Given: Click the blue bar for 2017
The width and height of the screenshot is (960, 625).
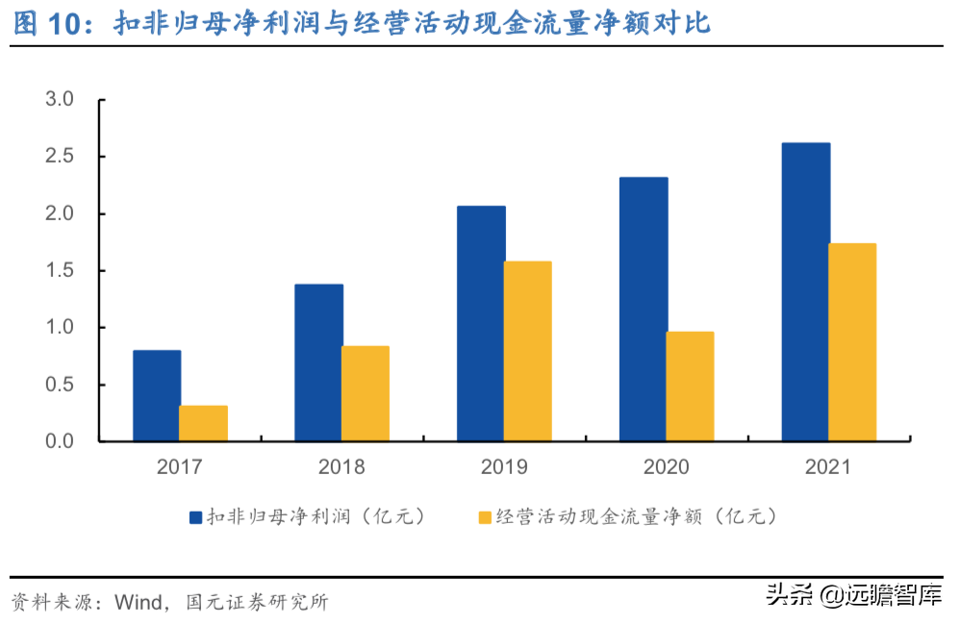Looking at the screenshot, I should (157, 395).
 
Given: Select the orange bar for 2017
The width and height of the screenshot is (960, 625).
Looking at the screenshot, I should (204, 423).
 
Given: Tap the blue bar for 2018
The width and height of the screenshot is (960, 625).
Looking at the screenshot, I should (318, 362).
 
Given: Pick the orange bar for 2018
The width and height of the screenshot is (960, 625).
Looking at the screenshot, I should (366, 393).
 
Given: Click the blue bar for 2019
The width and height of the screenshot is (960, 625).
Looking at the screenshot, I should (481, 323).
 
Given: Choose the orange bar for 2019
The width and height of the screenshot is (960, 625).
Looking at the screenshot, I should (528, 351).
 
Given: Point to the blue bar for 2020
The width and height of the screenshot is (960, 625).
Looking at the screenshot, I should (644, 309).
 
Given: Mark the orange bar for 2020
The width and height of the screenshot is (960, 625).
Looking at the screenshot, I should (690, 386).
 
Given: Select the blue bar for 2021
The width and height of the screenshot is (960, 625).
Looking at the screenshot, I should (806, 291).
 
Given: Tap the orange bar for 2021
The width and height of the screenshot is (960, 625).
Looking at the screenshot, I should (852, 341).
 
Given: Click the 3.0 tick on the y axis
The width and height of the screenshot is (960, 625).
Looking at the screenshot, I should (60, 99).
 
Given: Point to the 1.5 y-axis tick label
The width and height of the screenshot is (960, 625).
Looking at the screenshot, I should (60, 270).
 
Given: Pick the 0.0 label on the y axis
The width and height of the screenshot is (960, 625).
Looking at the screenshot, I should (60, 441).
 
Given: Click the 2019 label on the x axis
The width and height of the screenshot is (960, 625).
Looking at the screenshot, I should (504, 467).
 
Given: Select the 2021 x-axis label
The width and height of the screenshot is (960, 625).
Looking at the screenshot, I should (828, 467).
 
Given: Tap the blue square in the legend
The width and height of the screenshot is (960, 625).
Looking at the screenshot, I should (195, 517).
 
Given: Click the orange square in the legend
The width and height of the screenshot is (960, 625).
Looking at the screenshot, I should (484, 517).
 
